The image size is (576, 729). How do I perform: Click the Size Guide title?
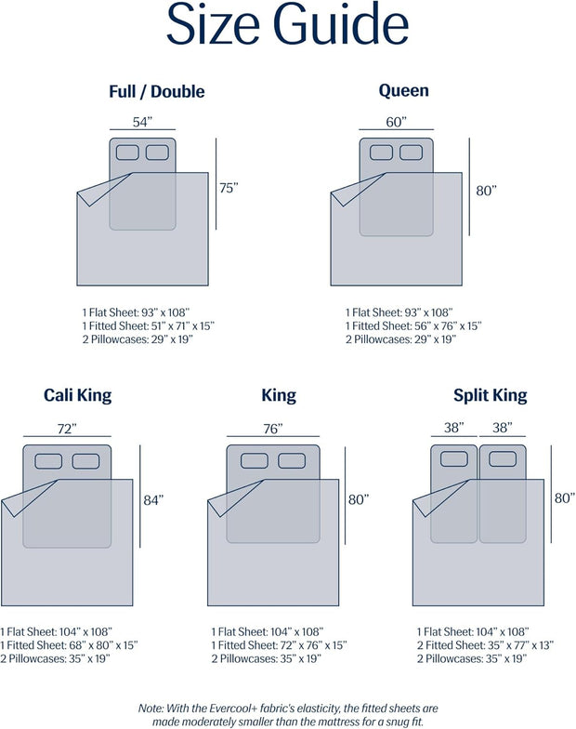(288, 24)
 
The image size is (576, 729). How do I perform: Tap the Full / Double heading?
(156, 91)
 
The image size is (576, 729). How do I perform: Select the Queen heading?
(403, 90)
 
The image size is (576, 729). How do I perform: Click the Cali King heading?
(78, 395)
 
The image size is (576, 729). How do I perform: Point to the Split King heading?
(491, 395)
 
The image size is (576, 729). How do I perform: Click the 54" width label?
(143, 122)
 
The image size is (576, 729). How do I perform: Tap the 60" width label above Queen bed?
(396, 122)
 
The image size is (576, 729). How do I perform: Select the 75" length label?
(229, 188)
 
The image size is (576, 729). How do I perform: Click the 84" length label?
(154, 500)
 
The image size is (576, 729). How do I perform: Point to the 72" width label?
(67, 429)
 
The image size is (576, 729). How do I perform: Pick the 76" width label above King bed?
(273, 429)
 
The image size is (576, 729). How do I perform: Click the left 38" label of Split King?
(453, 428)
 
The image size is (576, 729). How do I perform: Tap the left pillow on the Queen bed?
(381, 152)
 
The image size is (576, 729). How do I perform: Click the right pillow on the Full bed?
(158, 152)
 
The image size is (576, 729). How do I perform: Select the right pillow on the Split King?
(503, 459)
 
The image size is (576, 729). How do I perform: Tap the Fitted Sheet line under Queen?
(413, 325)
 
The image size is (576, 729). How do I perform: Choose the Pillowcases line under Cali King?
(56, 658)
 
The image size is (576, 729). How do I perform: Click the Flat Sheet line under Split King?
(473, 632)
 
